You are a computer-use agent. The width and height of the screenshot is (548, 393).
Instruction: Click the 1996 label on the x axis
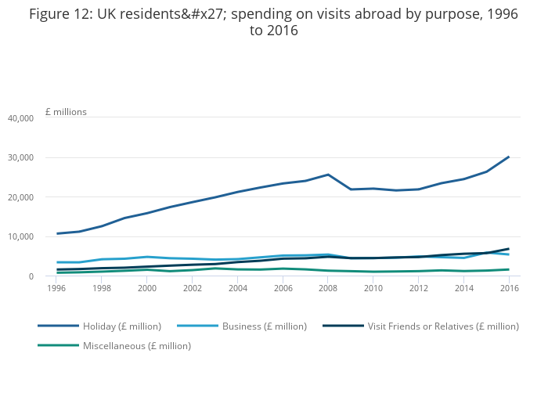click(56, 288)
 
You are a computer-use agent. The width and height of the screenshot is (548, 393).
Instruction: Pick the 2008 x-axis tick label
click(328, 288)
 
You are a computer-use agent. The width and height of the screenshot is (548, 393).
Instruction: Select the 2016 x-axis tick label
click(509, 288)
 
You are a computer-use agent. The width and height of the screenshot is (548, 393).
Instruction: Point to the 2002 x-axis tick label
click(193, 288)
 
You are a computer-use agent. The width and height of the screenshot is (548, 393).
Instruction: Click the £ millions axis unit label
click(66, 112)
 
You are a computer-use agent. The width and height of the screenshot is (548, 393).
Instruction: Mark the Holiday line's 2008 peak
click(328, 175)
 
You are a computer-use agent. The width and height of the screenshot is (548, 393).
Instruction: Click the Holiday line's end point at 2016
click(509, 157)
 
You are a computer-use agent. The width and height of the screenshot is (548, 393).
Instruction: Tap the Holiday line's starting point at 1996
click(56, 233)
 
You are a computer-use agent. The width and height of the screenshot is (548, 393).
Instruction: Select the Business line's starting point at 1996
click(56, 262)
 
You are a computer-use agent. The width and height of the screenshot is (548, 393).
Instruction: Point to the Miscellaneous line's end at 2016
click(509, 269)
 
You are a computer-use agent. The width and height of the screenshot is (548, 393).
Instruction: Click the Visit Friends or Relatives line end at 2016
click(509, 249)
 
